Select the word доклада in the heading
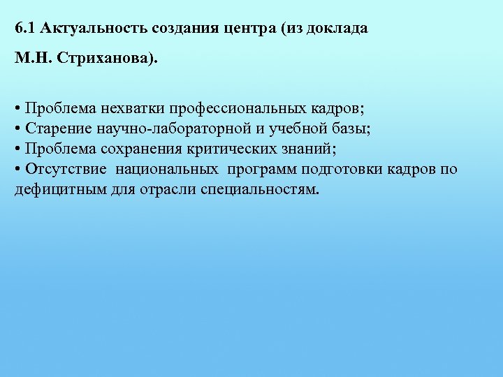click(x=337, y=29)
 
